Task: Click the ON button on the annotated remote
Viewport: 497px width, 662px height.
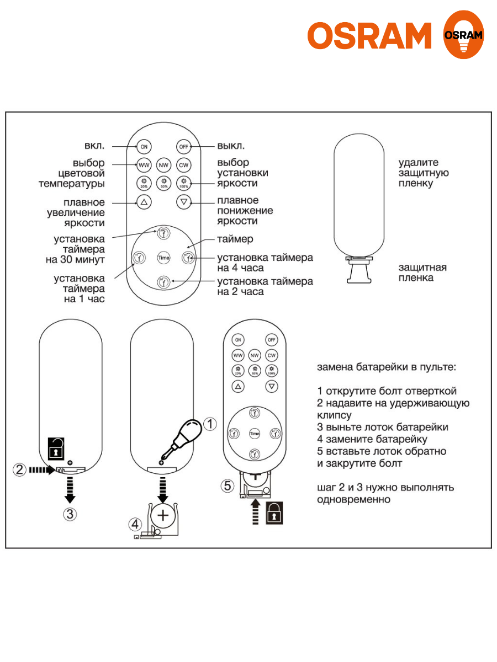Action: pyautogui.click(x=144, y=147)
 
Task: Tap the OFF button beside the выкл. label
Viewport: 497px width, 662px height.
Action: pyautogui.click(x=183, y=147)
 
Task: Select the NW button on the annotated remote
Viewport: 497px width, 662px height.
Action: pyautogui.click(x=163, y=165)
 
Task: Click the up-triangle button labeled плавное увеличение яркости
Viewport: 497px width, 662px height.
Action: pyautogui.click(x=144, y=202)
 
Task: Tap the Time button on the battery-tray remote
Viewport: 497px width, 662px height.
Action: pyautogui.click(x=255, y=434)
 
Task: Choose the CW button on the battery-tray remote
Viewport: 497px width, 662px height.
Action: pyautogui.click(x=272, y=355)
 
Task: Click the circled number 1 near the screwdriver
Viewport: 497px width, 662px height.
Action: pyautogui.click(x=210, y=424)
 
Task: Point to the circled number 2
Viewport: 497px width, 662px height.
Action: pyautogui.click(x=20, y=470)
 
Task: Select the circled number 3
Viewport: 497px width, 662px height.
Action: pyautogui.click(x=70, y=514)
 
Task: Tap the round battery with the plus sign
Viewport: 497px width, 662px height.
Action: pyautogui.click(x=163, y=515)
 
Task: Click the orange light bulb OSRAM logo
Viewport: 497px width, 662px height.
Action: pyautogui.click(x=463, y=35)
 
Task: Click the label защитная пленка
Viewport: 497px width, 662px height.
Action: pyautogui.click(x=423, y=273)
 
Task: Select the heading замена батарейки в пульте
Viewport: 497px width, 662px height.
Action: pyautogui.click(x=387, y=367)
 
